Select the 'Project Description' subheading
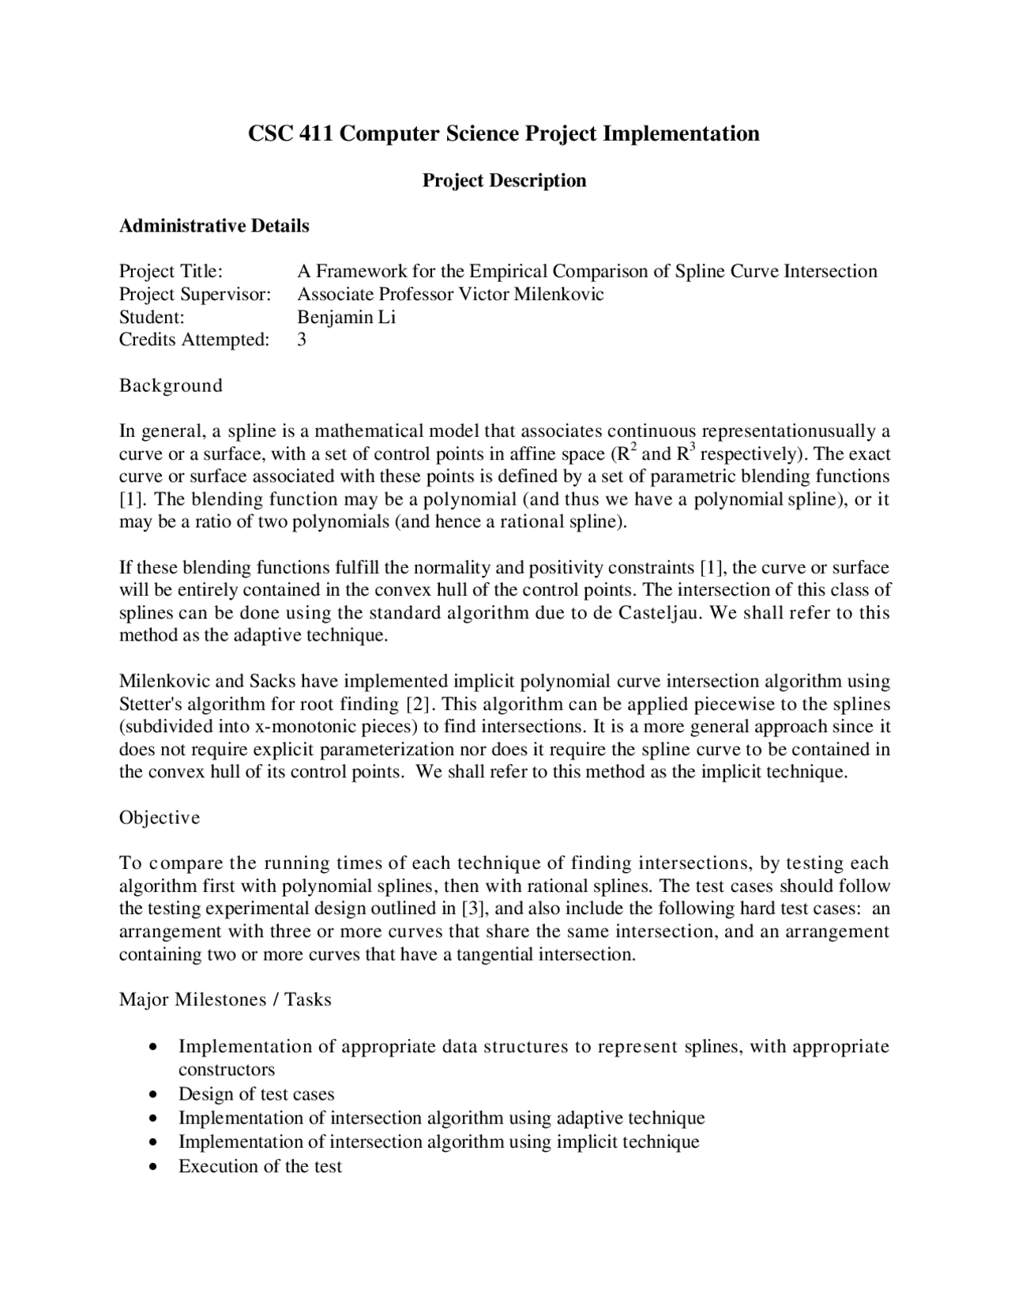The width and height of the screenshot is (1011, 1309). point(504,181)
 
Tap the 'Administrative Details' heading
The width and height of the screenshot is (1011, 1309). point(214,226)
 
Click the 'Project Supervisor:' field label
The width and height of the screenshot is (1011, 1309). point(195,295)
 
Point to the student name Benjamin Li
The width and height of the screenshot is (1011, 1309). point(346,318)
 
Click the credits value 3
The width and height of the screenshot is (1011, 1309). point(302,340)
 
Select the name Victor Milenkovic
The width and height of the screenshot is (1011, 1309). point(532,295)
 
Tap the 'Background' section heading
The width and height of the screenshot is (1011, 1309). point(171,386)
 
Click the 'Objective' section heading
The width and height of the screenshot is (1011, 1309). point(160,818)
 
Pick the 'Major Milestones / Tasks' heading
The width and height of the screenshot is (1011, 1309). point(225,1000)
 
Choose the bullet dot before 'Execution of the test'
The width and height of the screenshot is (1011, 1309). point(152,1168)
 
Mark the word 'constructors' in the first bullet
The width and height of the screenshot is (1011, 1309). point(227,1070)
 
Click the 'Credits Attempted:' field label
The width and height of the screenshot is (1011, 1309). point(194,340)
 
